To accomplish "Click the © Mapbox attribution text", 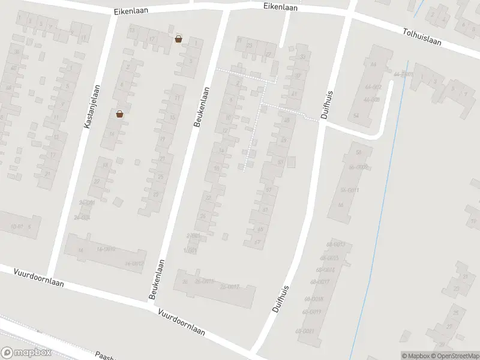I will [416, 356].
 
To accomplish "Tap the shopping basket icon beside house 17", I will [178, 39].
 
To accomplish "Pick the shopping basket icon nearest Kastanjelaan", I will [119, 113].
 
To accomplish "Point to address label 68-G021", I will [305, 332].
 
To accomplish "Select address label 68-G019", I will [313, 311].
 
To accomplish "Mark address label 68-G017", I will [320, 281].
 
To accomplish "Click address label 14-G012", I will [134, 263].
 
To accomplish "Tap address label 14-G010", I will [105, 248].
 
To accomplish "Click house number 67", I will [257, 242].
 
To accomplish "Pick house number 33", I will [302, 57].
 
